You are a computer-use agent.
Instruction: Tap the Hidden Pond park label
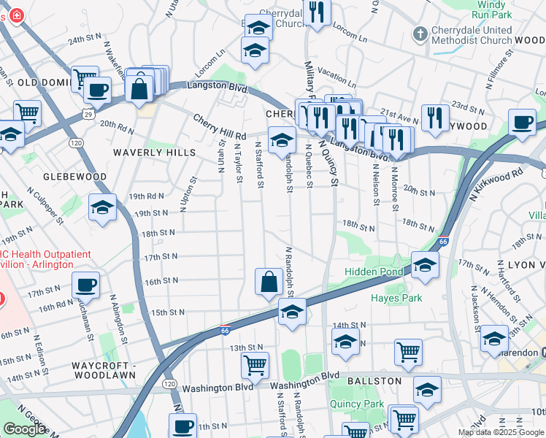tap(376, 272)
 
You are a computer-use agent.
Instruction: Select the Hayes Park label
tap(396, 298)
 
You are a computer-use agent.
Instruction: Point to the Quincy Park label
tap(356, 404)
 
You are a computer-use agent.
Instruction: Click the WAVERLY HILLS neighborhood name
tap(155, 153)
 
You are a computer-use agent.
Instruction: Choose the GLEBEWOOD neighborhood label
tap(74, 177)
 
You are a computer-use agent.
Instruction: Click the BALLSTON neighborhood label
tap(374, 381)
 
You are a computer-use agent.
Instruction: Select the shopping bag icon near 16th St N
tap(269, 281)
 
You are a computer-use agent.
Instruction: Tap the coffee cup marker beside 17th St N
tap(85, 285)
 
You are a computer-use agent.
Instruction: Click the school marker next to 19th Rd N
tap(103, 207)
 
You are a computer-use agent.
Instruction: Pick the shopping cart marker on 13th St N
tap(255, 365)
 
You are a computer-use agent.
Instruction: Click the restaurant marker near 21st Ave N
tap(435, 117)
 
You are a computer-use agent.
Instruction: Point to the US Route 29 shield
tap(88, 115)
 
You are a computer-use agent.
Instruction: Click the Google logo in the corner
tap(24, 429)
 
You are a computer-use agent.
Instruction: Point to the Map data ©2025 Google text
tap(500, 432)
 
